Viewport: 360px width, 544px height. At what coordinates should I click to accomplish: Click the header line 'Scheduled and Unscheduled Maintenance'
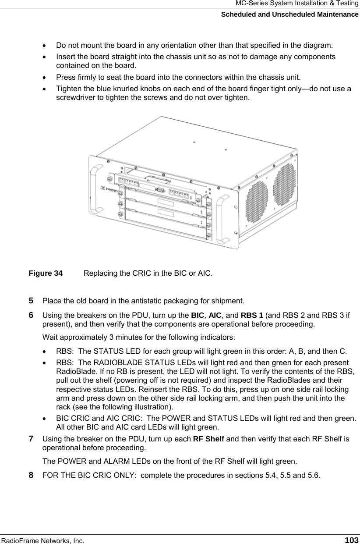click(x=289, y=14)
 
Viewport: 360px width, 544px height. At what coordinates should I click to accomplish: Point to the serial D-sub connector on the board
click(x=160, y=190)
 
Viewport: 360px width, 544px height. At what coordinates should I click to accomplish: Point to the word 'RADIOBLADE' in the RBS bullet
click(x=113, y=363)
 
